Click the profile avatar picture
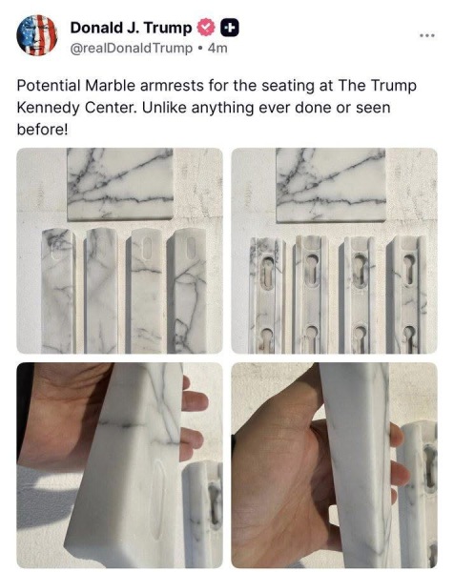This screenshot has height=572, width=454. click(36, 35)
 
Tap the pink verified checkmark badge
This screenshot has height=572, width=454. click(205, 28)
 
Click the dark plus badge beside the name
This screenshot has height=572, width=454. click(230, 28)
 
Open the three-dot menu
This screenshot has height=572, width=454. click(426, 35)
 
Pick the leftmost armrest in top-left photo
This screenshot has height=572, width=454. click(57, 291)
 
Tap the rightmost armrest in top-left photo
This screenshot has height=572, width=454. click(189, 291)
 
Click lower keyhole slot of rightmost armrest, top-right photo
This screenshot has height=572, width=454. click(408, 337)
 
